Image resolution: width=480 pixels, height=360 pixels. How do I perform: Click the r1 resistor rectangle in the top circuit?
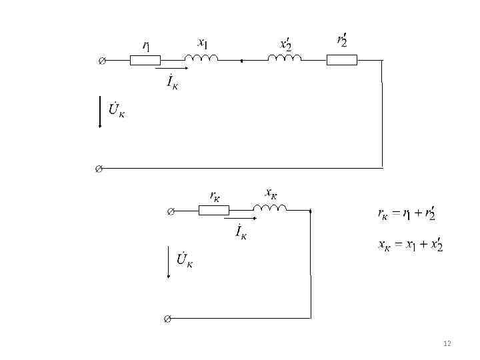[145, 60]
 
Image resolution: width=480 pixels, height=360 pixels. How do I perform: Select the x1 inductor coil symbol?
[201, 59]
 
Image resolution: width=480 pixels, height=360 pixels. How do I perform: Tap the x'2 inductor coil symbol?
[285, 59]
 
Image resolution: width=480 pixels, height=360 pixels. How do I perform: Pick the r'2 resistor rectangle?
[341, 60]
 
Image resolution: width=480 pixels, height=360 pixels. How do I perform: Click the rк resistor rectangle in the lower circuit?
[213, 211]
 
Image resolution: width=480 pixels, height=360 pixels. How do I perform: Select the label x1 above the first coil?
[203, 43]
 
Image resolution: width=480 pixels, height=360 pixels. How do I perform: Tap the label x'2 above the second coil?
[286, 44]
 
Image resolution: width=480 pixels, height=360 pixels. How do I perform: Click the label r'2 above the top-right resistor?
[341, 39]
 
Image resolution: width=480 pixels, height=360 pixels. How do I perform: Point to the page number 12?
[447, 343]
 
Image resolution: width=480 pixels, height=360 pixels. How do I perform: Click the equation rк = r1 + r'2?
[406, 214]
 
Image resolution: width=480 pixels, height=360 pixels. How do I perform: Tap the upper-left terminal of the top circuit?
[101, 61]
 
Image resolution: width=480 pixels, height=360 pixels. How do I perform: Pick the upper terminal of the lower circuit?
[169, 211]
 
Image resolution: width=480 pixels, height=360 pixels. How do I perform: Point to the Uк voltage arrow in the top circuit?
[100, 113]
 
